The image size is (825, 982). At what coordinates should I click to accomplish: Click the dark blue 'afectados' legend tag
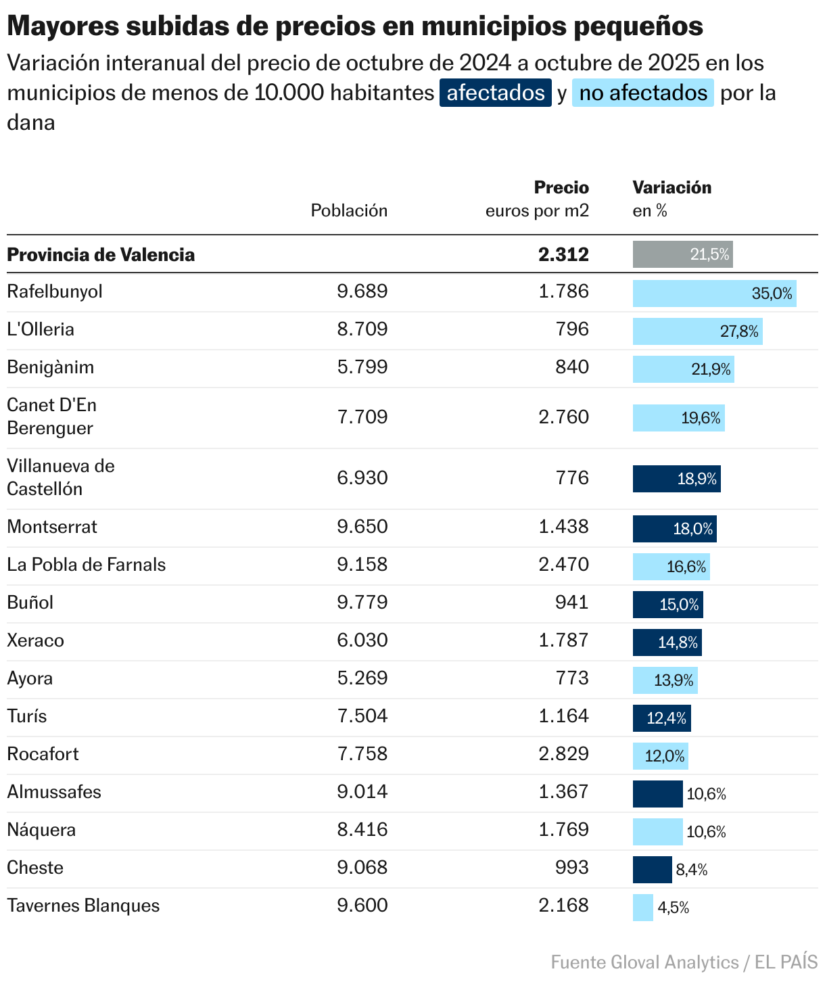tap(495, 93)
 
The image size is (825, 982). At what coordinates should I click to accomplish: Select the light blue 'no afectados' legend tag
tap(642, 93)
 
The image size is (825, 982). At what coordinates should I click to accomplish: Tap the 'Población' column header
tap(349, 211)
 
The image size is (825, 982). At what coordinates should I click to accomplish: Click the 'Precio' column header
tap(561, 187)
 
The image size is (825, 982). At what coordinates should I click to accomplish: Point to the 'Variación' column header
tap(671, 187)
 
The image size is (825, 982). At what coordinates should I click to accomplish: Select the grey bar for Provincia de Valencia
tap(682, 254)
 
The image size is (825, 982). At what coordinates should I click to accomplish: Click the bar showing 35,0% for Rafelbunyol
tap(714, 294)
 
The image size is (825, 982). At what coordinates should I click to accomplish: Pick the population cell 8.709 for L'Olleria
tap(362, 329)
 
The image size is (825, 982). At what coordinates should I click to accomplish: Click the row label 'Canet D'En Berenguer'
tap(52, 417)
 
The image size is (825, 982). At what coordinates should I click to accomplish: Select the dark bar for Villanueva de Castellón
tap(676, 479)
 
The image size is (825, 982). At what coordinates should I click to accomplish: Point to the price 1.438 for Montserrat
tap(563, 527)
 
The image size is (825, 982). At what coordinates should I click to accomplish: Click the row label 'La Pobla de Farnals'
tap(87, 565)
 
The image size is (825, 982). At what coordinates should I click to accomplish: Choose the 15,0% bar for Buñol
tap(667, 605)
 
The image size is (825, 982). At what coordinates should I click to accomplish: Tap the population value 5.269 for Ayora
tap(362, 678)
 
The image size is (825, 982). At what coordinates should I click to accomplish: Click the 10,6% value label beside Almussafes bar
tap(706, 794)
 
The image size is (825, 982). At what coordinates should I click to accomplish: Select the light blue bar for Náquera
tap(657, 832)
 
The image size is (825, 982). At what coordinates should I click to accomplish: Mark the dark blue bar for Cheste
tap(652, 870)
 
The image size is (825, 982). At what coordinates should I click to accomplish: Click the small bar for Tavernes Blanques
tap(642, 908)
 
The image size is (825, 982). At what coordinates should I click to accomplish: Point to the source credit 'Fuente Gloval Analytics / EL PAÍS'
tap(684, 962)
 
